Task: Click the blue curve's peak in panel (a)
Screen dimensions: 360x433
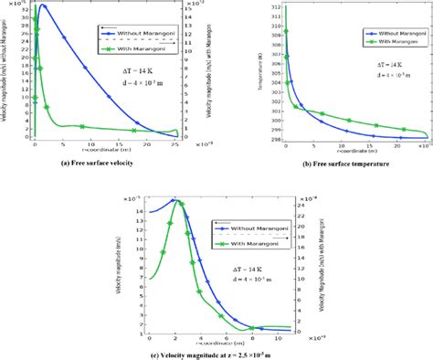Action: (43, 6)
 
